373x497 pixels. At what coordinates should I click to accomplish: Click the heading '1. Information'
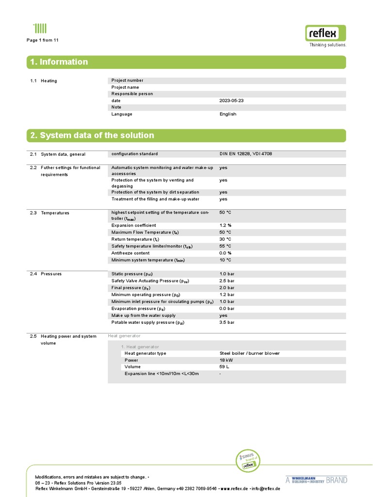[59, 62]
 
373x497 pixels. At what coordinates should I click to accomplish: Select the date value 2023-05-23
[231, 100]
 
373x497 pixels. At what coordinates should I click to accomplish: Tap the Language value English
[228, 114]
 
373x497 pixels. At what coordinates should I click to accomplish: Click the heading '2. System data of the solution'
[92, 135]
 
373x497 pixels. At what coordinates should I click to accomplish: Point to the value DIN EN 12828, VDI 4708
[249, 154]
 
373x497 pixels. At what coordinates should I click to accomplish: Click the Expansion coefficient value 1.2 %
[225, 226]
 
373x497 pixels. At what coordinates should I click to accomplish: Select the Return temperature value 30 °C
[225, 239]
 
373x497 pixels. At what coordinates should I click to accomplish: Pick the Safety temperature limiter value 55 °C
[225, 246]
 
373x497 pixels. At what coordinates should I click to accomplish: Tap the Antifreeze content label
[131, 253]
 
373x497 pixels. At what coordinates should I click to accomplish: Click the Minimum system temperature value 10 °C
[225, 260]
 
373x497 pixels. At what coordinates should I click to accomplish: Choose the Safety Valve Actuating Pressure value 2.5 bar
[227, 281]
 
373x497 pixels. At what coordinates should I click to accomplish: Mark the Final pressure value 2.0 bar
[227, 288]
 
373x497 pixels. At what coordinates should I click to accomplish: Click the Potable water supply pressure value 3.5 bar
[227, 322]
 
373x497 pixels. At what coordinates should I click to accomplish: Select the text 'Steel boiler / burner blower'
[250, 353]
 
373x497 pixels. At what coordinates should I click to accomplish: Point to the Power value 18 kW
[226, 360]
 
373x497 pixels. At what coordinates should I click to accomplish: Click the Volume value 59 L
[224, 367]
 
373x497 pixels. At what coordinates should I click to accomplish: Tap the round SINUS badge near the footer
[248, 462]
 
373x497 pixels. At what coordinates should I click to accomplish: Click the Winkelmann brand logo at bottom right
[316, 480]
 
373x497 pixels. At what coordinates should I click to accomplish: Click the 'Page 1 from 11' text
[43, 40]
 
